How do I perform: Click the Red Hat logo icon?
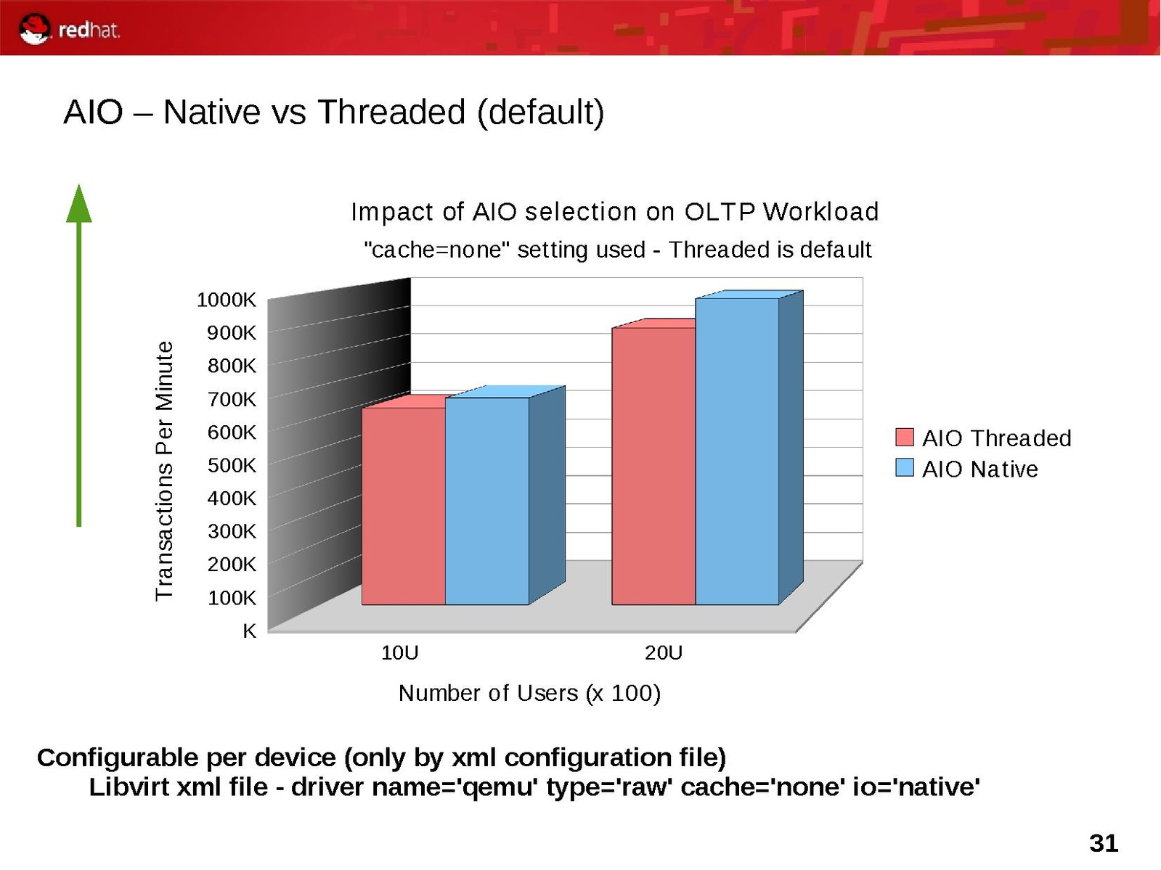(35, 30)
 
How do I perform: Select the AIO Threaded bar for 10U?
(404, 505)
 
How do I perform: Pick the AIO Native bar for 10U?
(487, 501)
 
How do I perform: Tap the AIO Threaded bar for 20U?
(653, 466)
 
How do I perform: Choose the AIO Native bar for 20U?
(737, 451)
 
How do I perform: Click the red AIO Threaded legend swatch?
(905, 437)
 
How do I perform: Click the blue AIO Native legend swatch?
(905, 468)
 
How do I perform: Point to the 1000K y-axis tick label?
(227, 300)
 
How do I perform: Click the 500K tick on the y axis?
(232, 465)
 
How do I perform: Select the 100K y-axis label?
(232, 598)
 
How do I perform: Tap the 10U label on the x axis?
(400, 653)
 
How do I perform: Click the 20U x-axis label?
(664, 653)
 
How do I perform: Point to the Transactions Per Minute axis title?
(165, 471)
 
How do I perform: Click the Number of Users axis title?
(529, 693)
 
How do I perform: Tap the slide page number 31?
(1104, 844)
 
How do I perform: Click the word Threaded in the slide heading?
(391, 112)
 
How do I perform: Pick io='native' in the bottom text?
(916, 787)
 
